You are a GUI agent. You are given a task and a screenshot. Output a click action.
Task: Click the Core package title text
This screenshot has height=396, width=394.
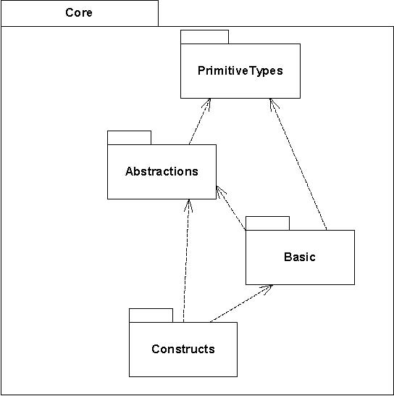(79, 12)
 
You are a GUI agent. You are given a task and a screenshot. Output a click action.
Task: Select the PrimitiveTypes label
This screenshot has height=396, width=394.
(240, 71)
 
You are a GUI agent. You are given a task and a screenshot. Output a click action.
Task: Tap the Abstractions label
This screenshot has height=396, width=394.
(162, 171)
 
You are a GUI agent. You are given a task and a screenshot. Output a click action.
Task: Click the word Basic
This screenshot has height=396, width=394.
(300, 257)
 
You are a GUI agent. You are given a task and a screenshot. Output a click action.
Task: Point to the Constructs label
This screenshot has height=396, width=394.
(183, 349)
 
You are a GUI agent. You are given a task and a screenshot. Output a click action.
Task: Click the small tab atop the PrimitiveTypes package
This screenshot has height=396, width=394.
(204, 37)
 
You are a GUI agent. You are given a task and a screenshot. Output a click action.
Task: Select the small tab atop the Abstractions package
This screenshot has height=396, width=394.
(129, 138)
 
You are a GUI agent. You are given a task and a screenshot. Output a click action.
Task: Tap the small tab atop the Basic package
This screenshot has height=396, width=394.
(267, 223)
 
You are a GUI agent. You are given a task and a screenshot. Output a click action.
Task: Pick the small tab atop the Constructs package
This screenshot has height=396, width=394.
(151, 315)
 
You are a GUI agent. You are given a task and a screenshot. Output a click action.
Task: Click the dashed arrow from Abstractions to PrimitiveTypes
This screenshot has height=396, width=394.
(199, 121)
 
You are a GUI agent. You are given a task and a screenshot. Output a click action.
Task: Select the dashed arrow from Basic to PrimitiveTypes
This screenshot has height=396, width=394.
(298, 164)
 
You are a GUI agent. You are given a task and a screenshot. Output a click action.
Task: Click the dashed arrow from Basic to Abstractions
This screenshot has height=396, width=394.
(231, 208)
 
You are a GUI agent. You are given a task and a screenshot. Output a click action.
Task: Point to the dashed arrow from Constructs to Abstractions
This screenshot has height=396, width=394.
(186, 260)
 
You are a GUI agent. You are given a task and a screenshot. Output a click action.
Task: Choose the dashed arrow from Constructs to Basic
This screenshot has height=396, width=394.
(241, 304)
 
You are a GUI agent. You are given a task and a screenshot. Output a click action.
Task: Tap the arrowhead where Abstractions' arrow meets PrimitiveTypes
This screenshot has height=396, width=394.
(207, 103)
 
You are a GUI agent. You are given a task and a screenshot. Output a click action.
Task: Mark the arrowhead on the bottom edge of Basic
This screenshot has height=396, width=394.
(267, 289)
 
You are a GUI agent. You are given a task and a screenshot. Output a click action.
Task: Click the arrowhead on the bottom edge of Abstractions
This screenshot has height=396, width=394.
(188, 205)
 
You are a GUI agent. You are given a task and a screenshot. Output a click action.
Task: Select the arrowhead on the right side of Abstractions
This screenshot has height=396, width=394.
(220, 191)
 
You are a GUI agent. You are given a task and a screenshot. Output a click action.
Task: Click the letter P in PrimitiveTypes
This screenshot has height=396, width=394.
(201, 70)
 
